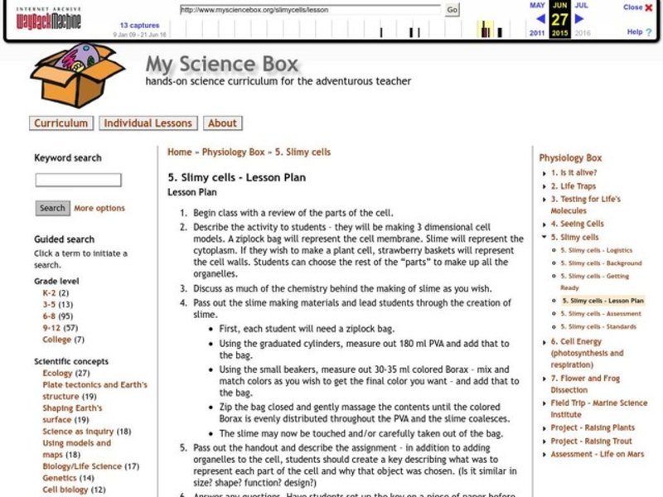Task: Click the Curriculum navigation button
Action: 60,123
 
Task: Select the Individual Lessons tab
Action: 148,123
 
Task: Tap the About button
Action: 222,123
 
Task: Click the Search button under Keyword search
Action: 52,209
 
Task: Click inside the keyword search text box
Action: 78,180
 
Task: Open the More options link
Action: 99,209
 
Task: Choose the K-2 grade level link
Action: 49,293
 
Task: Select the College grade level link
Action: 56,340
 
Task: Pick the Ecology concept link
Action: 57,374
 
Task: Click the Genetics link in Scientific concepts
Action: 58,478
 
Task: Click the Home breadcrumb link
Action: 179,152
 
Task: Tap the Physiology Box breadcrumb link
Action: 234,152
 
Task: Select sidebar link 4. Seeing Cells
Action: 577,224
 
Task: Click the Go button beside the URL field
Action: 452,10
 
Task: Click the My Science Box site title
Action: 221,64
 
